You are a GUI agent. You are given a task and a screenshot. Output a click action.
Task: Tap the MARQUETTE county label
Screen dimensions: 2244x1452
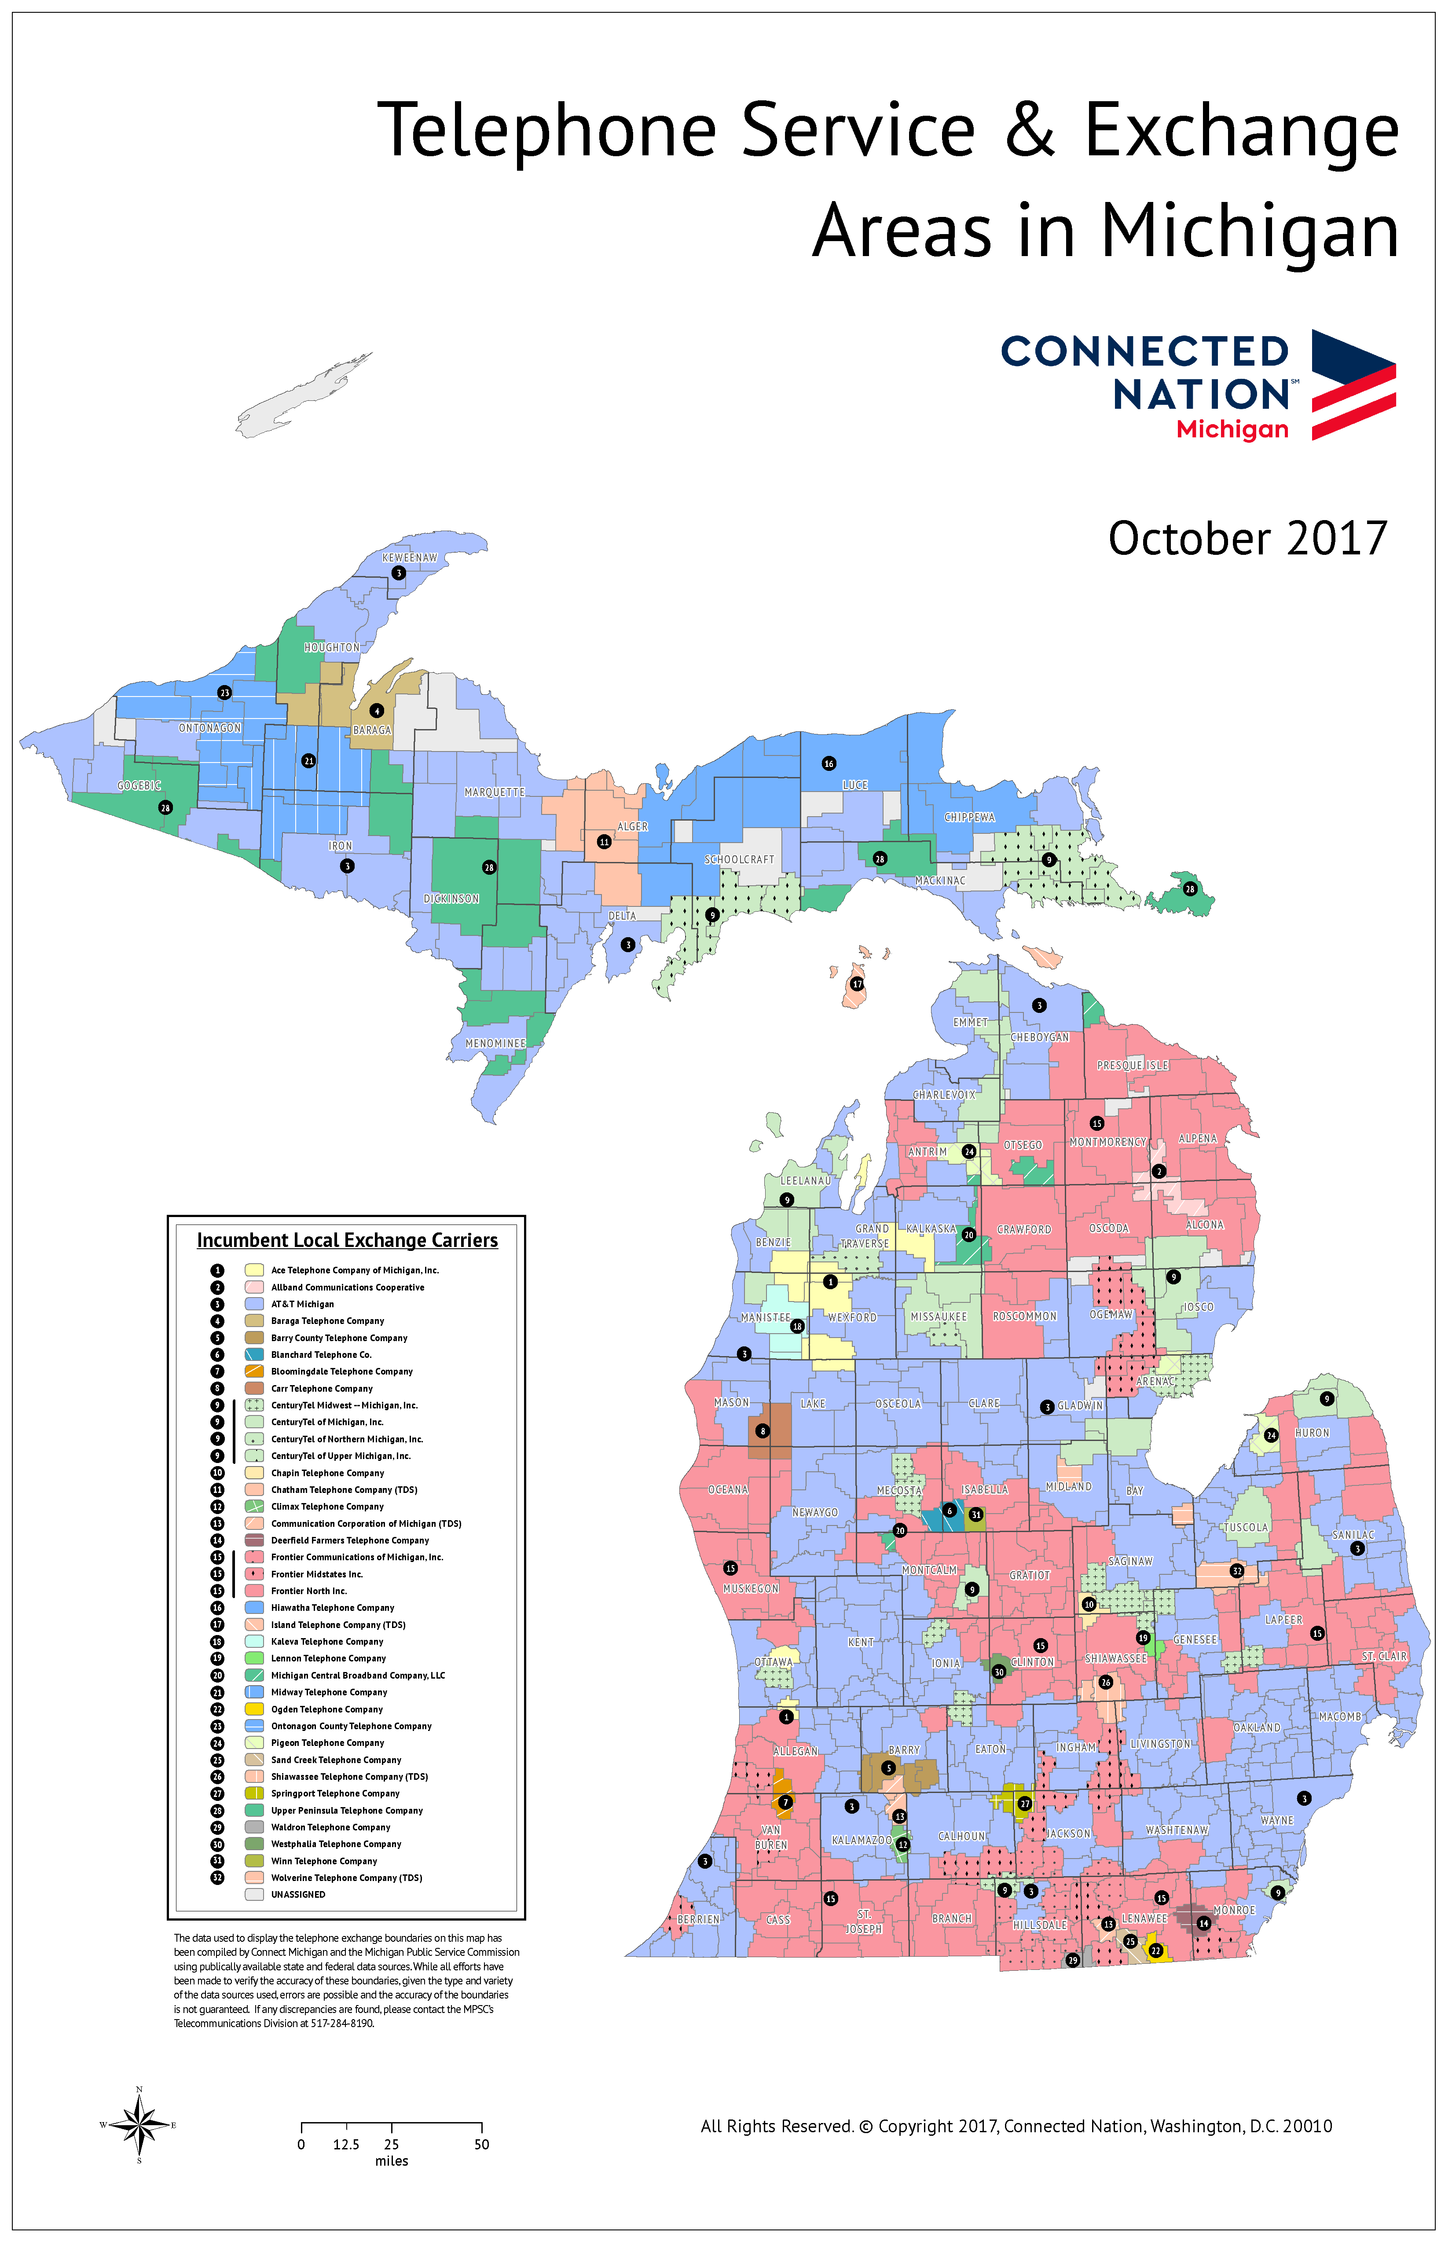point(494,792)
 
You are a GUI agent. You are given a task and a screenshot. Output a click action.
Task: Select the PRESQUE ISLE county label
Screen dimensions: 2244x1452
point(1133,1065)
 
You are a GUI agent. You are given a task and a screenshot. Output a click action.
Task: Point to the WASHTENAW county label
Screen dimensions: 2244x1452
point(1177,1830)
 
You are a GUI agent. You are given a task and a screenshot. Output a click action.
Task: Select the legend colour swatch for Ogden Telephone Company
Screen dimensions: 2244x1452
point(253,1709)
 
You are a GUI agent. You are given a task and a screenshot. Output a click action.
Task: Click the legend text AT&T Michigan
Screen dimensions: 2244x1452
point(303,1304)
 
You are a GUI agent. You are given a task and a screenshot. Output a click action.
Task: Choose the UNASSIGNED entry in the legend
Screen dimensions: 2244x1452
point(298,1894)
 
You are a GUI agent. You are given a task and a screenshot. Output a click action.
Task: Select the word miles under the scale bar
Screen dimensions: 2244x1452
point(391,2161)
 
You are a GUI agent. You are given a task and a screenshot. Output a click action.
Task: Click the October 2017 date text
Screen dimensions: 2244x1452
point(1247,539)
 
